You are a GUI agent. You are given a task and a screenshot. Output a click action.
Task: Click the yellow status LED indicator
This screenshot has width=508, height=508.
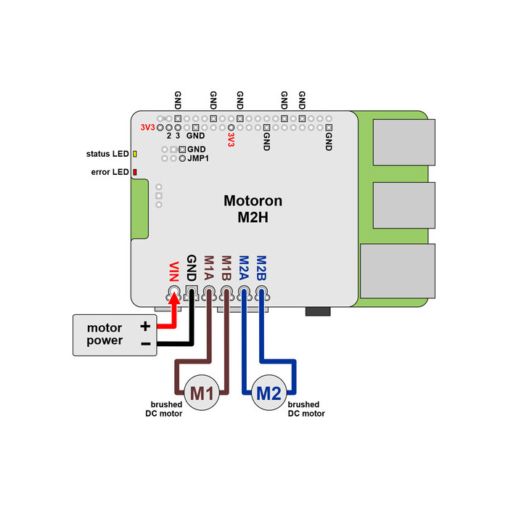click(x=135, y=154)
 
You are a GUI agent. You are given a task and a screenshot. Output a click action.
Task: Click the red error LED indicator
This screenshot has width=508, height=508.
click(x=135, y=172)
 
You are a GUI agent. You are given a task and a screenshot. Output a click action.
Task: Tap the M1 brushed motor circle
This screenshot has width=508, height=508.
click(x=202, y=393)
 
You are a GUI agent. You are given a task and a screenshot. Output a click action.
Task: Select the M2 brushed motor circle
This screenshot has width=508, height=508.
click(x=269, y=393)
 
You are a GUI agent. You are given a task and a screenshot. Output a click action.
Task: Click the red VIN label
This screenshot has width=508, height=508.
click(x=174, y=271)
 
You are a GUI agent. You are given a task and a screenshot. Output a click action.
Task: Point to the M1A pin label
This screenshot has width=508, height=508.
click(x=209, y=268)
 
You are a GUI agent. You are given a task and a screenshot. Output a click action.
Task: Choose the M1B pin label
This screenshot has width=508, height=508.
click(x=226, y=268)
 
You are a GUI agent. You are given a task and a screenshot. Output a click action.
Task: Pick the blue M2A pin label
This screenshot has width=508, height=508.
click(x=244, y=268)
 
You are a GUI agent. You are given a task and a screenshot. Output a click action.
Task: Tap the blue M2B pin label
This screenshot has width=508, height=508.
click(x=261, y=268)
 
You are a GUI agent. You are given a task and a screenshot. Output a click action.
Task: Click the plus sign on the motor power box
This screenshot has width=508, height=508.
click(x=145, y=326)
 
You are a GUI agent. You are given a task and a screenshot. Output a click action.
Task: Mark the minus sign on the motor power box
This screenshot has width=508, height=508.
click(x=146, y=343)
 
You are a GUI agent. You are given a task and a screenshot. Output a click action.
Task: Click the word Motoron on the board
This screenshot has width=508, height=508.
click(x=253, y=201)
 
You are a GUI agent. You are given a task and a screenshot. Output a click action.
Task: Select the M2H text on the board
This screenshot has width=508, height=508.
click(x=253, y=218)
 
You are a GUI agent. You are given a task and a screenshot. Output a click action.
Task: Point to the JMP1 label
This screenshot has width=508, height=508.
click(x=198, y=158)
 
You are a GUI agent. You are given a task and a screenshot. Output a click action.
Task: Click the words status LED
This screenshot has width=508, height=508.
click(x=107, y=154)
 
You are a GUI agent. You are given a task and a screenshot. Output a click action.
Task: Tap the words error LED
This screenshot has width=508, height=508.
click(x=110, y=172)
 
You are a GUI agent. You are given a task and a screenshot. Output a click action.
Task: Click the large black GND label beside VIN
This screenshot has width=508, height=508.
click(x=192, y=268)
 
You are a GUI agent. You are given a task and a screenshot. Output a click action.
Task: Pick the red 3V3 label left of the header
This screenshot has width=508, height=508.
click(x=148, y=127)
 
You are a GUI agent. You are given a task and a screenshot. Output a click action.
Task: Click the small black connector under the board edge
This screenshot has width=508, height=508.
click(x=318, y=311)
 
